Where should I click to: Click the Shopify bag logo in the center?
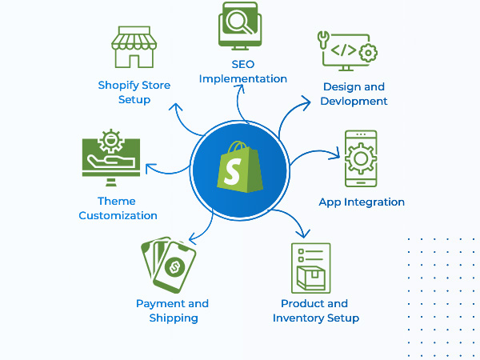pos(240,167)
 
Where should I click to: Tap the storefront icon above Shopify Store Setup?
pos(134,47)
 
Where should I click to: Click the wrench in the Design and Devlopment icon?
pos(323,40)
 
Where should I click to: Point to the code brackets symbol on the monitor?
pos(344,50)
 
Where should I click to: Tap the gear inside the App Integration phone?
pos(361,158)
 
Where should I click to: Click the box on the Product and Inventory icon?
pos(311,278)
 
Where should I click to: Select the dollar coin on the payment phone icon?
pos(174,267)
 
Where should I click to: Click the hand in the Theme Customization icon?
pos(111,160)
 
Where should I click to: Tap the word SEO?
pos(243,64)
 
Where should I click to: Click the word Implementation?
pos(243,79)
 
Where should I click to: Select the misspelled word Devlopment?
pos(354,102)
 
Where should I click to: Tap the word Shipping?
pos(174,318)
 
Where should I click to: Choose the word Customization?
pos(118,216)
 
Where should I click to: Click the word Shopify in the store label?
pos(118,86)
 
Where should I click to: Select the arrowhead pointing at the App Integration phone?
pos(337,154)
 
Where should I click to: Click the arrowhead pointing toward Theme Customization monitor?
pos(150,168)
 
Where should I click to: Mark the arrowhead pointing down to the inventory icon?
pos(303,234)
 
